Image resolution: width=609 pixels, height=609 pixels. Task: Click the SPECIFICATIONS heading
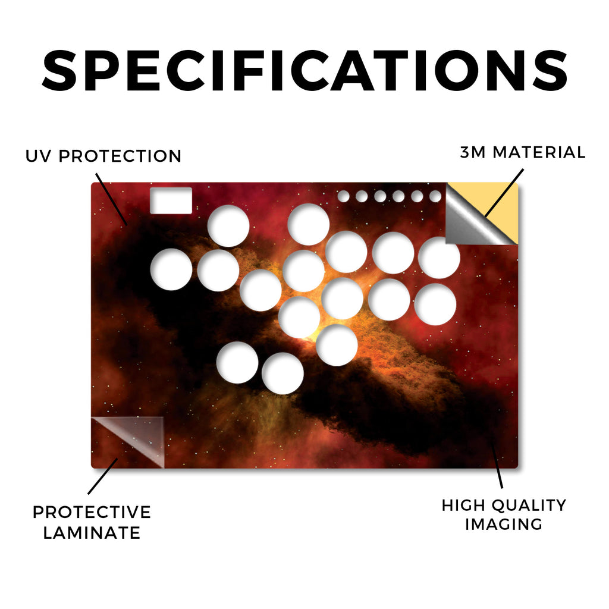point(304,70)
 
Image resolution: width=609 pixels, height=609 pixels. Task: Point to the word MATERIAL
point(539,152)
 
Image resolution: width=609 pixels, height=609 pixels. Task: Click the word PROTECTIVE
point(92,512)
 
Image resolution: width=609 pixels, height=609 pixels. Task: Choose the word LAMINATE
point(92,532)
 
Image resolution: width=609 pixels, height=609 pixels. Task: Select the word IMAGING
point(504,525)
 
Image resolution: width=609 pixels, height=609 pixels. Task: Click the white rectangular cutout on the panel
point(171,200)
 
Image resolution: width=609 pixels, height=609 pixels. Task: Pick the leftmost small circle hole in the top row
point(343,196)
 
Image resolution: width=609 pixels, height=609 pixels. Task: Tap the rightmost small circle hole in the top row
point(435,196)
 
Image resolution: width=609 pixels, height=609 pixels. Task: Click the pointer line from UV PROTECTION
point(111,199)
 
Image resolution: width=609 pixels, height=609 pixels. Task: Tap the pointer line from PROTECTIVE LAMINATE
point(103,476)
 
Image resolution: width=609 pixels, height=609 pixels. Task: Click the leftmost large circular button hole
point(171,269)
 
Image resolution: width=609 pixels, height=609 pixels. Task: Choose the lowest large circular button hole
point(282,373)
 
